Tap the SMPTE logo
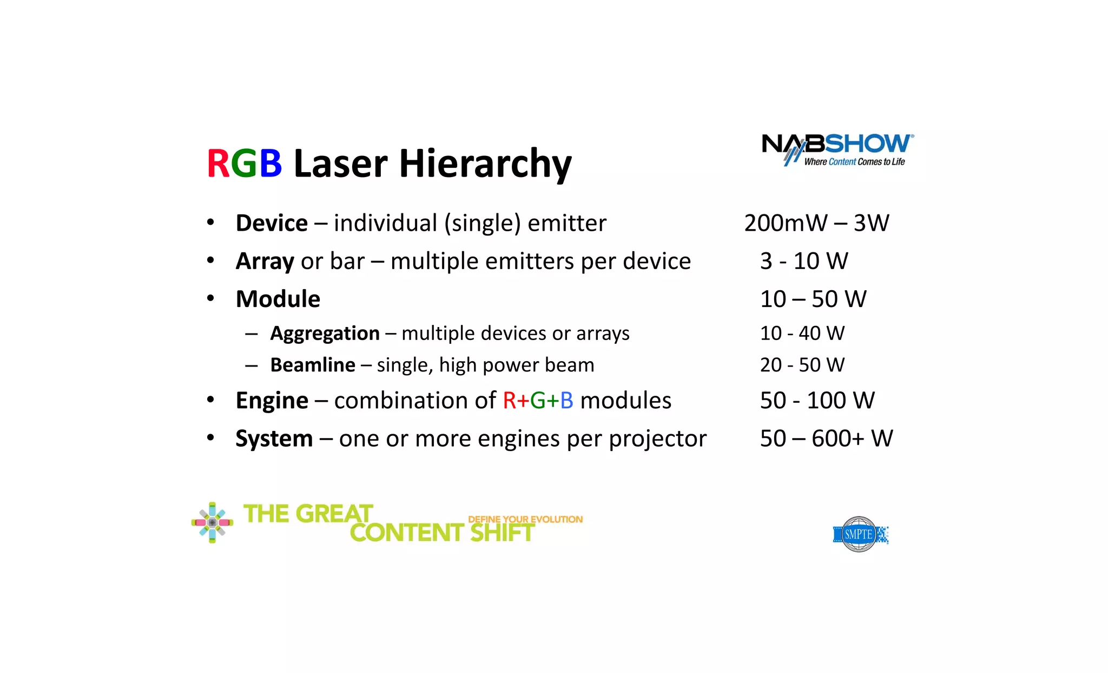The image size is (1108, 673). tap(860, 534)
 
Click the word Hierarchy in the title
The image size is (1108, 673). tap(485, 164)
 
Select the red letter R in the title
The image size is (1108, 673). tap(218, 164)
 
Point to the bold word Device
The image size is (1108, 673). tap(272, 223)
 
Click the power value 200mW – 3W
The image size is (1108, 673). tap(816, 223)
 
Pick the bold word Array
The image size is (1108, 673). tap(265, 261)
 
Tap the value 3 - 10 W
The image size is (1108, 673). tap(804, 261)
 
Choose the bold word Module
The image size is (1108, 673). tap(278, 299)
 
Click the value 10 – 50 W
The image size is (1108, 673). tap(813, 299)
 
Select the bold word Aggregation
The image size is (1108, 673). tap(325, 334)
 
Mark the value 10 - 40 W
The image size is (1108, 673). tap(802, 333)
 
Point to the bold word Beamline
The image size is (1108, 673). tap(313, 365)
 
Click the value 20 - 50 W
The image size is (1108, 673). tap(802, 365)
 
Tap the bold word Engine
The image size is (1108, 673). tap(272, 401)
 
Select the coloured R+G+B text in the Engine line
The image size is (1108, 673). tap(538, 401)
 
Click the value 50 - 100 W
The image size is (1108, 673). tap(817, 401)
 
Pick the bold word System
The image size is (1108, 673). tap(274, 439)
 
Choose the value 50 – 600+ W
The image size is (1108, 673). tap(826, 439)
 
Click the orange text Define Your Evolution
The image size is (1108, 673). tap(525, 519)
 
